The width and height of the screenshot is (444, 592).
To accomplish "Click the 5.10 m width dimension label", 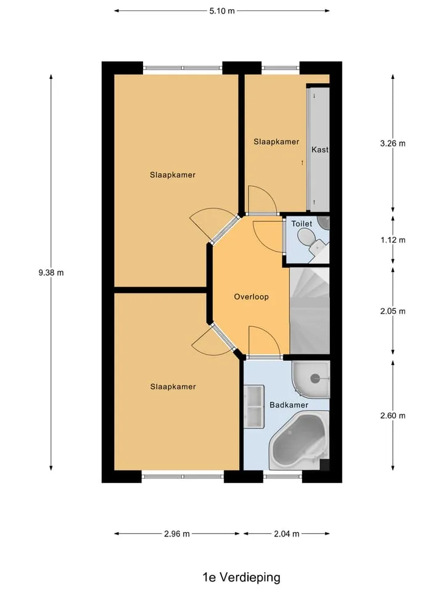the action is coord(222,11).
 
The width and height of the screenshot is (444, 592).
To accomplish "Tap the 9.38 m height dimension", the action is coord(51,273).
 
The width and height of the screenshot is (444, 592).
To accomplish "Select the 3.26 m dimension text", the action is coord(393,144).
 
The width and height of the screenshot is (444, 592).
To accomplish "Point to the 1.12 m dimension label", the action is coord(393,240).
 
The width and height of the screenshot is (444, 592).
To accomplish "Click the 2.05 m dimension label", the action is coord(393,311).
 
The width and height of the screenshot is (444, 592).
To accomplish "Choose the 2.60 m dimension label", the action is coord(393,416).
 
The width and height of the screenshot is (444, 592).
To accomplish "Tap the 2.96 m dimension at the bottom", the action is coord(177,534).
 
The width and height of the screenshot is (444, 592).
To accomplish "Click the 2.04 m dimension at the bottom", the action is coord(287,534).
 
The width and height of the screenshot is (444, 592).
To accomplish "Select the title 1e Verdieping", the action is coord(241,577).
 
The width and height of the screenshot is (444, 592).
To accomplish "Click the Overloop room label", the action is coord(252,297).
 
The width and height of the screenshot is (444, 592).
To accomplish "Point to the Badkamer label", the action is coord(289,405).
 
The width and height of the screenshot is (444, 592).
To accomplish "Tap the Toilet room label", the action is coord(302,223).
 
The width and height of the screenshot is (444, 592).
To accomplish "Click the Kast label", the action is coord(320,150).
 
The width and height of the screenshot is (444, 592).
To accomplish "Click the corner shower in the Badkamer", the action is coord(311,379).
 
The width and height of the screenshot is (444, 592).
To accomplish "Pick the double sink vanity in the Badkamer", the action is coord(253,406).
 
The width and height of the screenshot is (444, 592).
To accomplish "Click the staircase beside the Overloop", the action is coord(310,311).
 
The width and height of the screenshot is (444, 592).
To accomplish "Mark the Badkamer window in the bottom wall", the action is coord(283,477).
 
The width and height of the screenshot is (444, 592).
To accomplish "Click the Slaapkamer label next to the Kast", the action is coord(276,142).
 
